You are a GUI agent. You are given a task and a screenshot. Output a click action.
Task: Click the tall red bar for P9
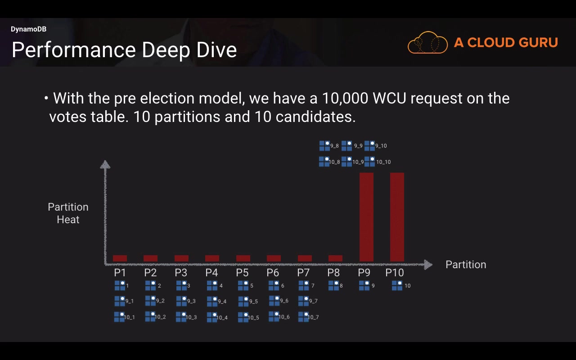tap(366, 216)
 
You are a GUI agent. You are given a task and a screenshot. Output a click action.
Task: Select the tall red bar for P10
tap(397, 216)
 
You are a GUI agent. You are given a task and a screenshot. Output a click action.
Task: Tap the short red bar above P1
tap(120, 258)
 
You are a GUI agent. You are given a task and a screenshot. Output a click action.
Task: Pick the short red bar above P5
tap(243, 258)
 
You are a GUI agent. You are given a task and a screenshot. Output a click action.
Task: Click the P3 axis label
tap(181, 273)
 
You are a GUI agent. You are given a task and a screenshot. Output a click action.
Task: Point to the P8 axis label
tap(333, 273)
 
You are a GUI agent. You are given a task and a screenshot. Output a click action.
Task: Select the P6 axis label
tap(273, 273)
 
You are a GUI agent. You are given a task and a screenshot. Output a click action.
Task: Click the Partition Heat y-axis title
tap(68, 213)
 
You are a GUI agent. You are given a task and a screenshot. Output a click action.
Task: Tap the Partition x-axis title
tap(466, 265)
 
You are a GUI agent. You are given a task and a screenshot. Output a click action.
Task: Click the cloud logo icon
tap(427, 43)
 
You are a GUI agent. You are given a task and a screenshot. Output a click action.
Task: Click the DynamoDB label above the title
tap(28, 29)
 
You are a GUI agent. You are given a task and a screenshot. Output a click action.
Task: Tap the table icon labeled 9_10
tap(369, 146)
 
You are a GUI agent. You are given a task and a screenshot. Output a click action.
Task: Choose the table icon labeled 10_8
tap(324, 162)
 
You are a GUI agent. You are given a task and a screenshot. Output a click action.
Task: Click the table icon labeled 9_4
tap(212, 301)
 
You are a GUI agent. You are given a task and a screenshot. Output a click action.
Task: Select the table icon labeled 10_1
tap(119, 317)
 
